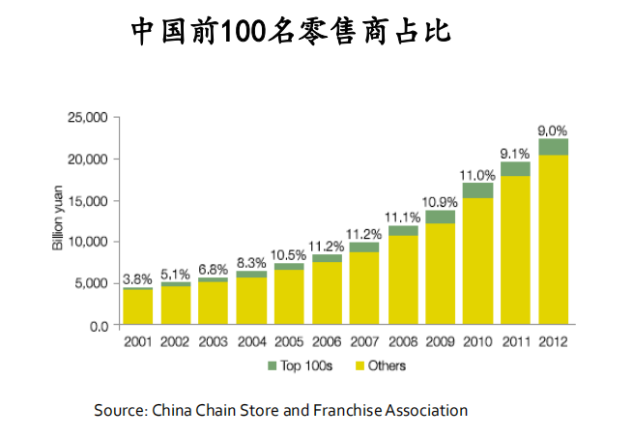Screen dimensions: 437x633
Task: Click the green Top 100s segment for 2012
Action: tap(553, 147)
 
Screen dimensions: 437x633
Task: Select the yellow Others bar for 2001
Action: tap(137, 307)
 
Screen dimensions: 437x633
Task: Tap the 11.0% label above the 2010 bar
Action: tap(477, 175)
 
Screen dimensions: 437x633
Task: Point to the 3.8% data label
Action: tap(137, 279)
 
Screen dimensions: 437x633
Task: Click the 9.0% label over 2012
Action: tap(553, 131)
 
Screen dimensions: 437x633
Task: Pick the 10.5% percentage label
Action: tap(289, 254)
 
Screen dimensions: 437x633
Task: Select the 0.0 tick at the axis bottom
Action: tap(98, 326)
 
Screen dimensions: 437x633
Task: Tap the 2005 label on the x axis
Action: tap(289, 341)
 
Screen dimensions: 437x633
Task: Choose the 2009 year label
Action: tap(440, 341)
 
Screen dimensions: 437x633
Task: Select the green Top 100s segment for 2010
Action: tap(477, 190)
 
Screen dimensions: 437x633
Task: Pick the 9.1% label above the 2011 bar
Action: tap(515, 153)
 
